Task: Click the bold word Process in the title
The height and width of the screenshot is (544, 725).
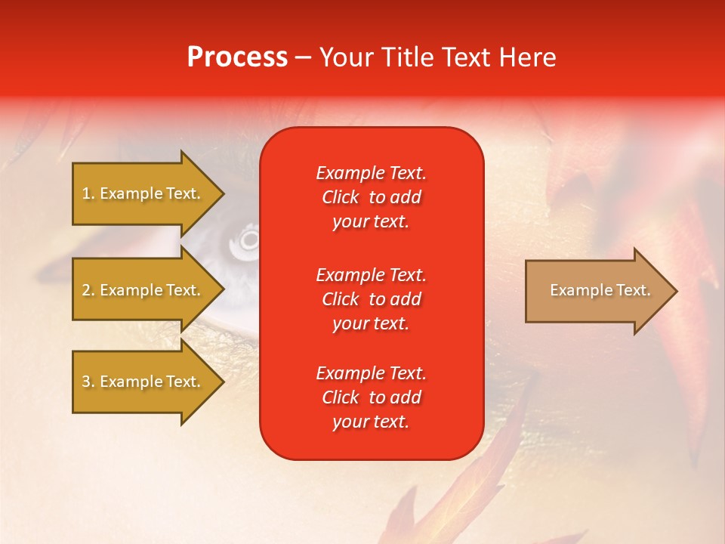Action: [237, 57]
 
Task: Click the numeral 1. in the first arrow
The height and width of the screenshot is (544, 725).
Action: [88, 194]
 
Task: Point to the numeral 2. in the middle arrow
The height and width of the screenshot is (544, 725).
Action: [88, 290]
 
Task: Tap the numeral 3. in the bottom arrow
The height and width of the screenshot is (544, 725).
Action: [88, 382]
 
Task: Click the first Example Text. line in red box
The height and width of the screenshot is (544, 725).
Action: [371, 173]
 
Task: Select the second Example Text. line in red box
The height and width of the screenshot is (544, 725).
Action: [371, 274]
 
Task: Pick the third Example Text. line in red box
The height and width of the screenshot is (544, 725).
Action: [371, 373]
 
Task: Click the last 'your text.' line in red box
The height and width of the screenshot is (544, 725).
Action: [371, 422]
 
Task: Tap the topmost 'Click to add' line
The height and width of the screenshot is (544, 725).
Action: [371, 198]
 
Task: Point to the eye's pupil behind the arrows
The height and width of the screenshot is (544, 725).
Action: [248, 240]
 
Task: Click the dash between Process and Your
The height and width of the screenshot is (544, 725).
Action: [304, 58]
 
